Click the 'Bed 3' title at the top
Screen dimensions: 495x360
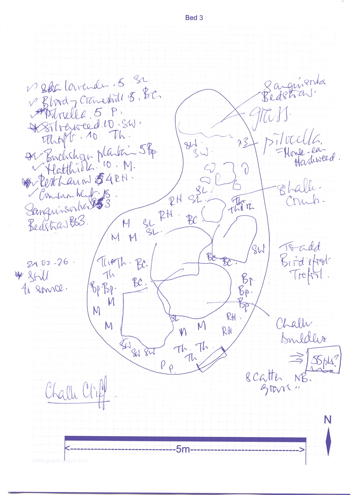click(x=194, y=18)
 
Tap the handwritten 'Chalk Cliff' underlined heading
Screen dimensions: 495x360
click(x=76, y=392)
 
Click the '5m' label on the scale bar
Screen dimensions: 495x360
click(x=183, y=449)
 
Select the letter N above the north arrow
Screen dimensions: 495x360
click(x=328, y=420)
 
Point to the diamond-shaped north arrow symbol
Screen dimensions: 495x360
click(x=328, y=441)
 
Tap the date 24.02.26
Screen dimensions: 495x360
click(x=47, y=263)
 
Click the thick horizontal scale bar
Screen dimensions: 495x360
click(x=185, y=439)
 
